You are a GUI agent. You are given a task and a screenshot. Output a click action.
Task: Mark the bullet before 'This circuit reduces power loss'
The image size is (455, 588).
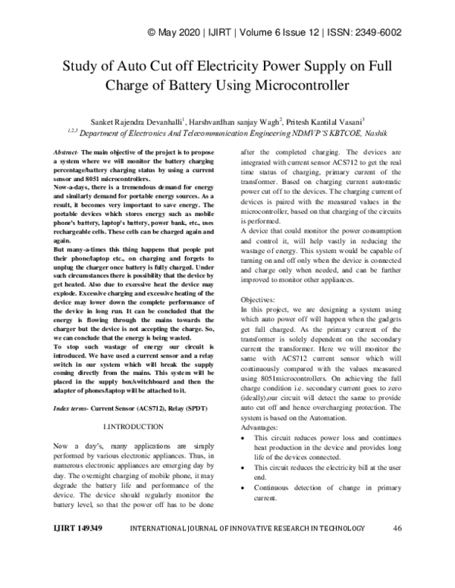click(x=242, y=438)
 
